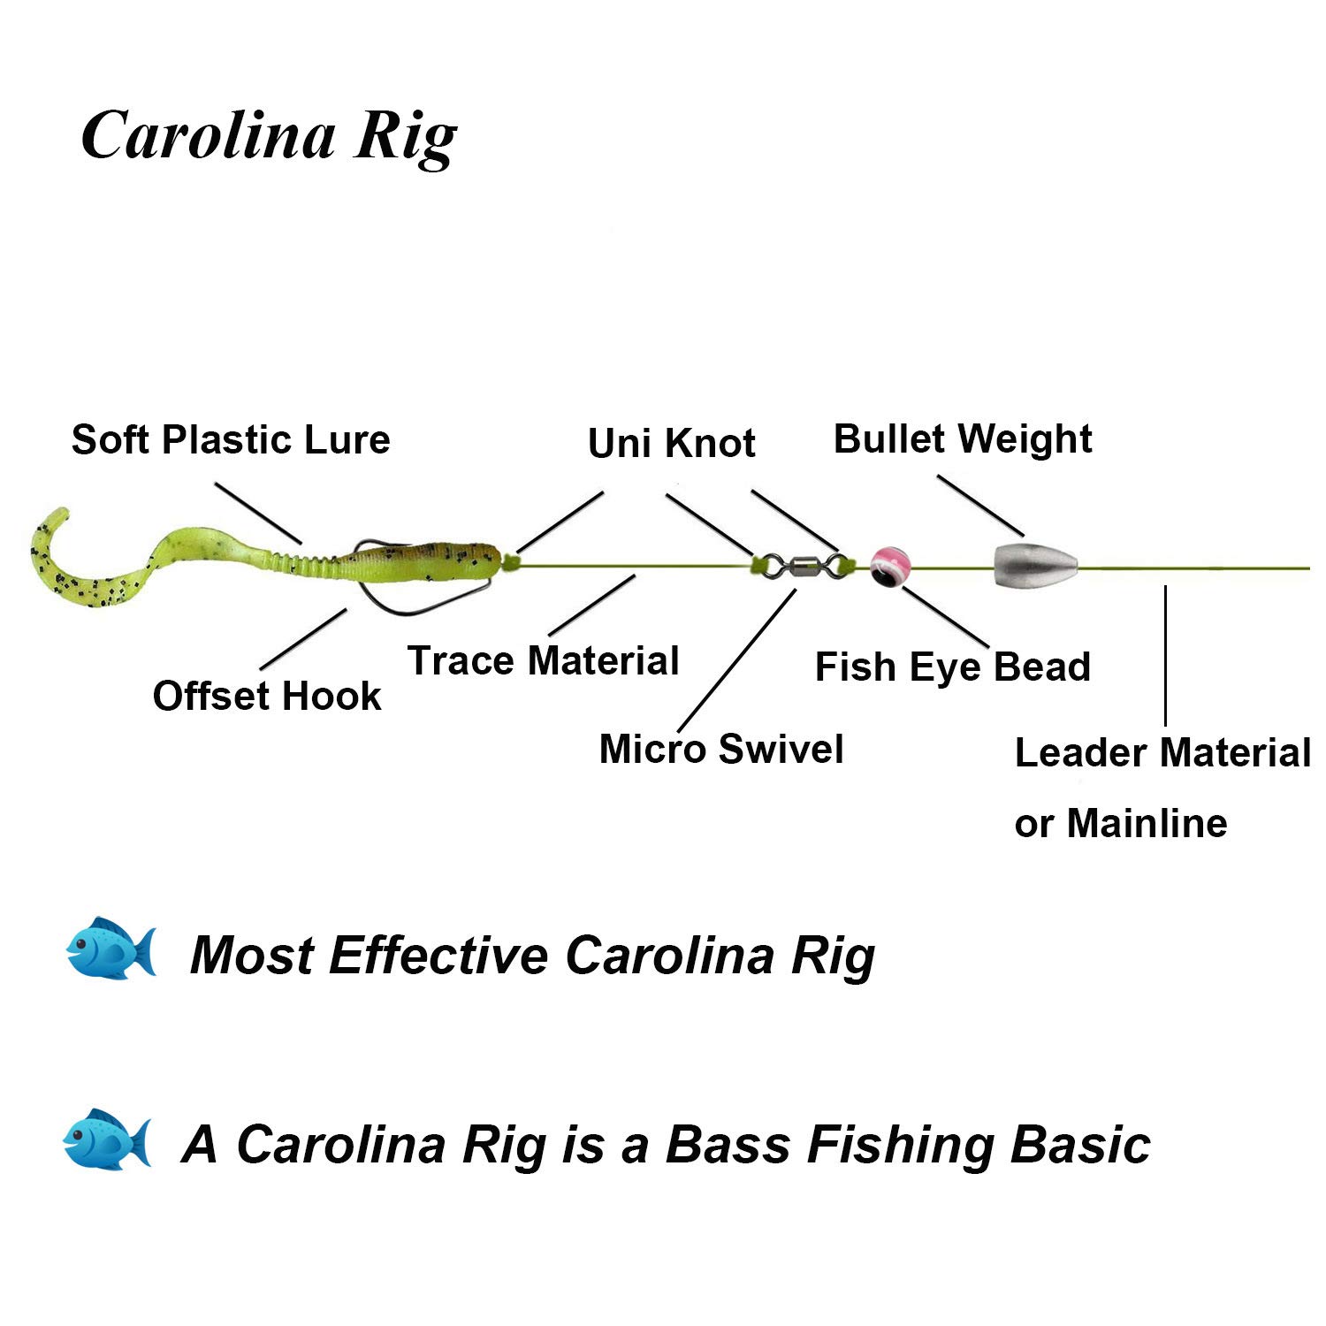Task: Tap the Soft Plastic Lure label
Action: point(230,439)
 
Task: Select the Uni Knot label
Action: point(671,443)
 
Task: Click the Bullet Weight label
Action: point(963,438)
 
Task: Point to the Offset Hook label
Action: point(266,696)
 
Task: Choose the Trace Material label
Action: point(543,660)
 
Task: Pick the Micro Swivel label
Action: point(721,749)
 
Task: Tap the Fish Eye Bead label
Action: point(952,667)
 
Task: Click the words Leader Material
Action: point(1162,752)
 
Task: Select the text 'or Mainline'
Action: point(1121,823)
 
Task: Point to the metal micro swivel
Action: point(799,564)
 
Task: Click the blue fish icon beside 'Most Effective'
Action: point(111,949)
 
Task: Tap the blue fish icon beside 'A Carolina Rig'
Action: point(107,1139)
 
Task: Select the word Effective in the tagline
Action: point(438,956)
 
